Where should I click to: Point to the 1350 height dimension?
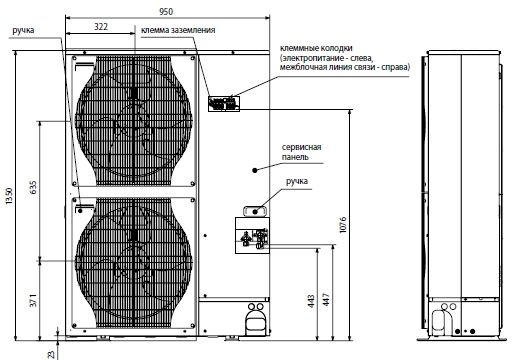click(10, 197)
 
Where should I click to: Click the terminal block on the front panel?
click(221, 102)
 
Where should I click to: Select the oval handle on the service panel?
click(254, 209)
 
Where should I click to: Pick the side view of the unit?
click(463, 190)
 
